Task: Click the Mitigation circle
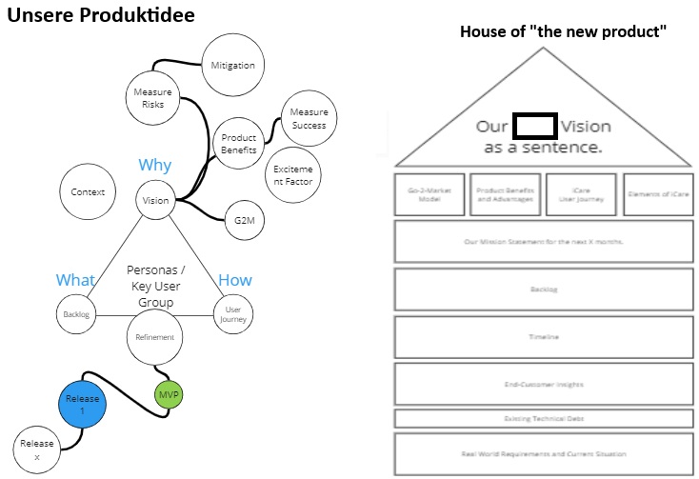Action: [x=233, y=66]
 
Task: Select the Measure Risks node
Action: [x=152, y=98]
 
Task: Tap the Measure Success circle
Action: [x=308, y=119]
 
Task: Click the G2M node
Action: [x=243, y=221]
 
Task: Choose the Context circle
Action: [x=88, y=192]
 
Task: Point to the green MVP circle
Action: [x=168, y=394]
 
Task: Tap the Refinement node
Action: [x=154, y=338]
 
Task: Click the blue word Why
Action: [x=154, y=166]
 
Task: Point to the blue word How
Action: [x=234, y=280]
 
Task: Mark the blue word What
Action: [x=75, y=280]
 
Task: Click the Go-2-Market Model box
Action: [x=429, y=194]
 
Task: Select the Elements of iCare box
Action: [x=658, y=194]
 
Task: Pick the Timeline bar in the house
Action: [x=544, y=337]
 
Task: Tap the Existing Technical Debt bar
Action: [x=544, y=419]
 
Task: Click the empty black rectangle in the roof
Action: [x=534, y=126]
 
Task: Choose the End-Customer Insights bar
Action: [x=544, y=385]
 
